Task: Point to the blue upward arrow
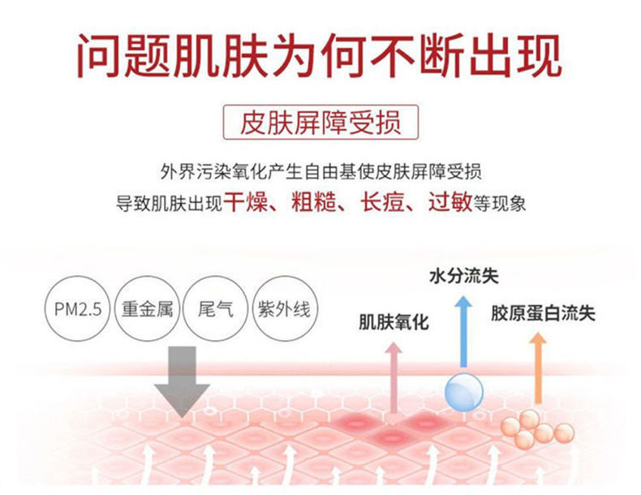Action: tap(463, 332)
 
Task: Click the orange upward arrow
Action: tap(538, 368)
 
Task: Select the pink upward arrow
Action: tap(394, 377)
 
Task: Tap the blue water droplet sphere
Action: tap(464, 392)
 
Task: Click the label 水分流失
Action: tap(464, 277)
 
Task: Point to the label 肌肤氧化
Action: tap(394, 321)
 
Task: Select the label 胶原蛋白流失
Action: tap(543, 313)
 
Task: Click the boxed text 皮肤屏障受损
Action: tap(320, 123)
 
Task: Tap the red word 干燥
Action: tap(245, 202)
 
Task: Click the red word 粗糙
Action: tap(314, 202)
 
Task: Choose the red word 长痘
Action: tap(382, 202)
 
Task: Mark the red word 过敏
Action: tap(450, 202)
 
